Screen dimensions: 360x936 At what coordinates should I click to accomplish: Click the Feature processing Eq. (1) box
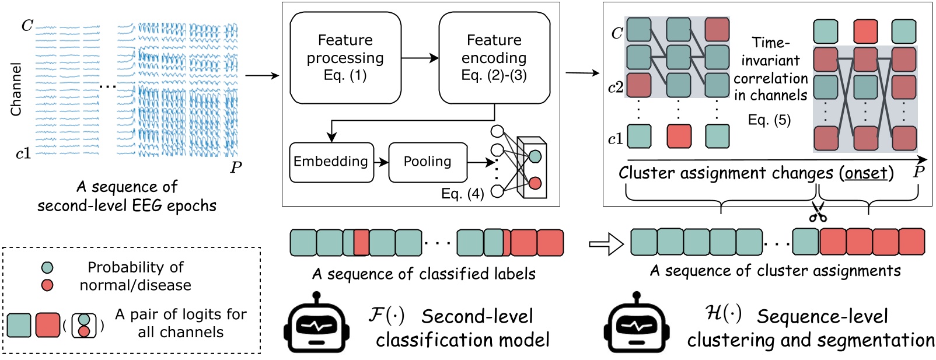coord(345,58)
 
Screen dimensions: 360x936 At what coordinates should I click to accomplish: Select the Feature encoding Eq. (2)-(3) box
coord(494,58)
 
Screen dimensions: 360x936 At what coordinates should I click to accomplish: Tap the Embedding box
coord(331,162)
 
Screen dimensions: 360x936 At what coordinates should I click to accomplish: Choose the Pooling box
coord(427,162)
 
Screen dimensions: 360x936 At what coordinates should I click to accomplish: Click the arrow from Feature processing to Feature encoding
coord(420,58)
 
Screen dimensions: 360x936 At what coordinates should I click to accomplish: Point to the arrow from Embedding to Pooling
coord(381,162)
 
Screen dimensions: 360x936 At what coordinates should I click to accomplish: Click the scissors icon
coord(818,214)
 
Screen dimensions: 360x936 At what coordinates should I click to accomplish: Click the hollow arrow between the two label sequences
coord(606,244)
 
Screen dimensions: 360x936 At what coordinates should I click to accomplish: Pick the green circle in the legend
coord(47,268)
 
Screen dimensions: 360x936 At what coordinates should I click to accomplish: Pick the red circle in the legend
coord(47,285)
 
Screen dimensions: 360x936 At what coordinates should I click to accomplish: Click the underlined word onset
coord(866,173)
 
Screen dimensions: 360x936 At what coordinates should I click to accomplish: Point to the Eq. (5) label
coord(769,120)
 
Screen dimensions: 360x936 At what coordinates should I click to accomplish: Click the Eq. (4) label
coord(462,194)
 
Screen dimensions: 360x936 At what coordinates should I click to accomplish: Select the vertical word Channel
coord(16,89)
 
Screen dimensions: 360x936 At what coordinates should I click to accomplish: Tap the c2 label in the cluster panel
coord(616,88)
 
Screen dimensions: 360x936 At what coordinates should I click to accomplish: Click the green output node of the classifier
coord(535,156)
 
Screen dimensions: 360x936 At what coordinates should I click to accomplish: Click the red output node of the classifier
coord(535,184)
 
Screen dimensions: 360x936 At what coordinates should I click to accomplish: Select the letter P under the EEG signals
coord(236,168)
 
